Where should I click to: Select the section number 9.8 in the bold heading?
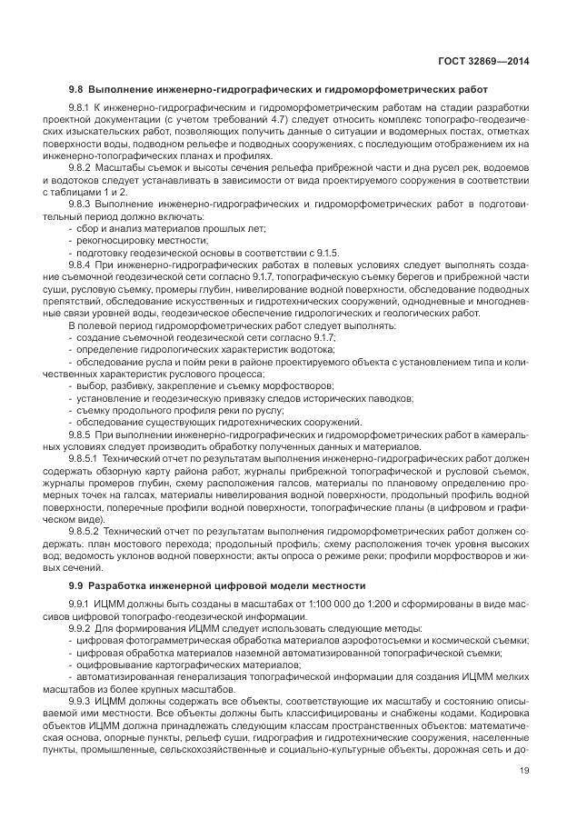pos(76,89)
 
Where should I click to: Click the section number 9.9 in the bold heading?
pos(76,585)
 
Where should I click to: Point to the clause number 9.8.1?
pos(81,109)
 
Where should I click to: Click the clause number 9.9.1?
pos(81,605)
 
